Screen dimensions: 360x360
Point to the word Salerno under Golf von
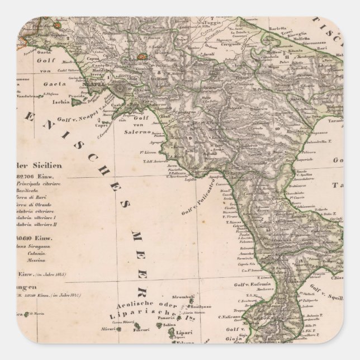[150, 132]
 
